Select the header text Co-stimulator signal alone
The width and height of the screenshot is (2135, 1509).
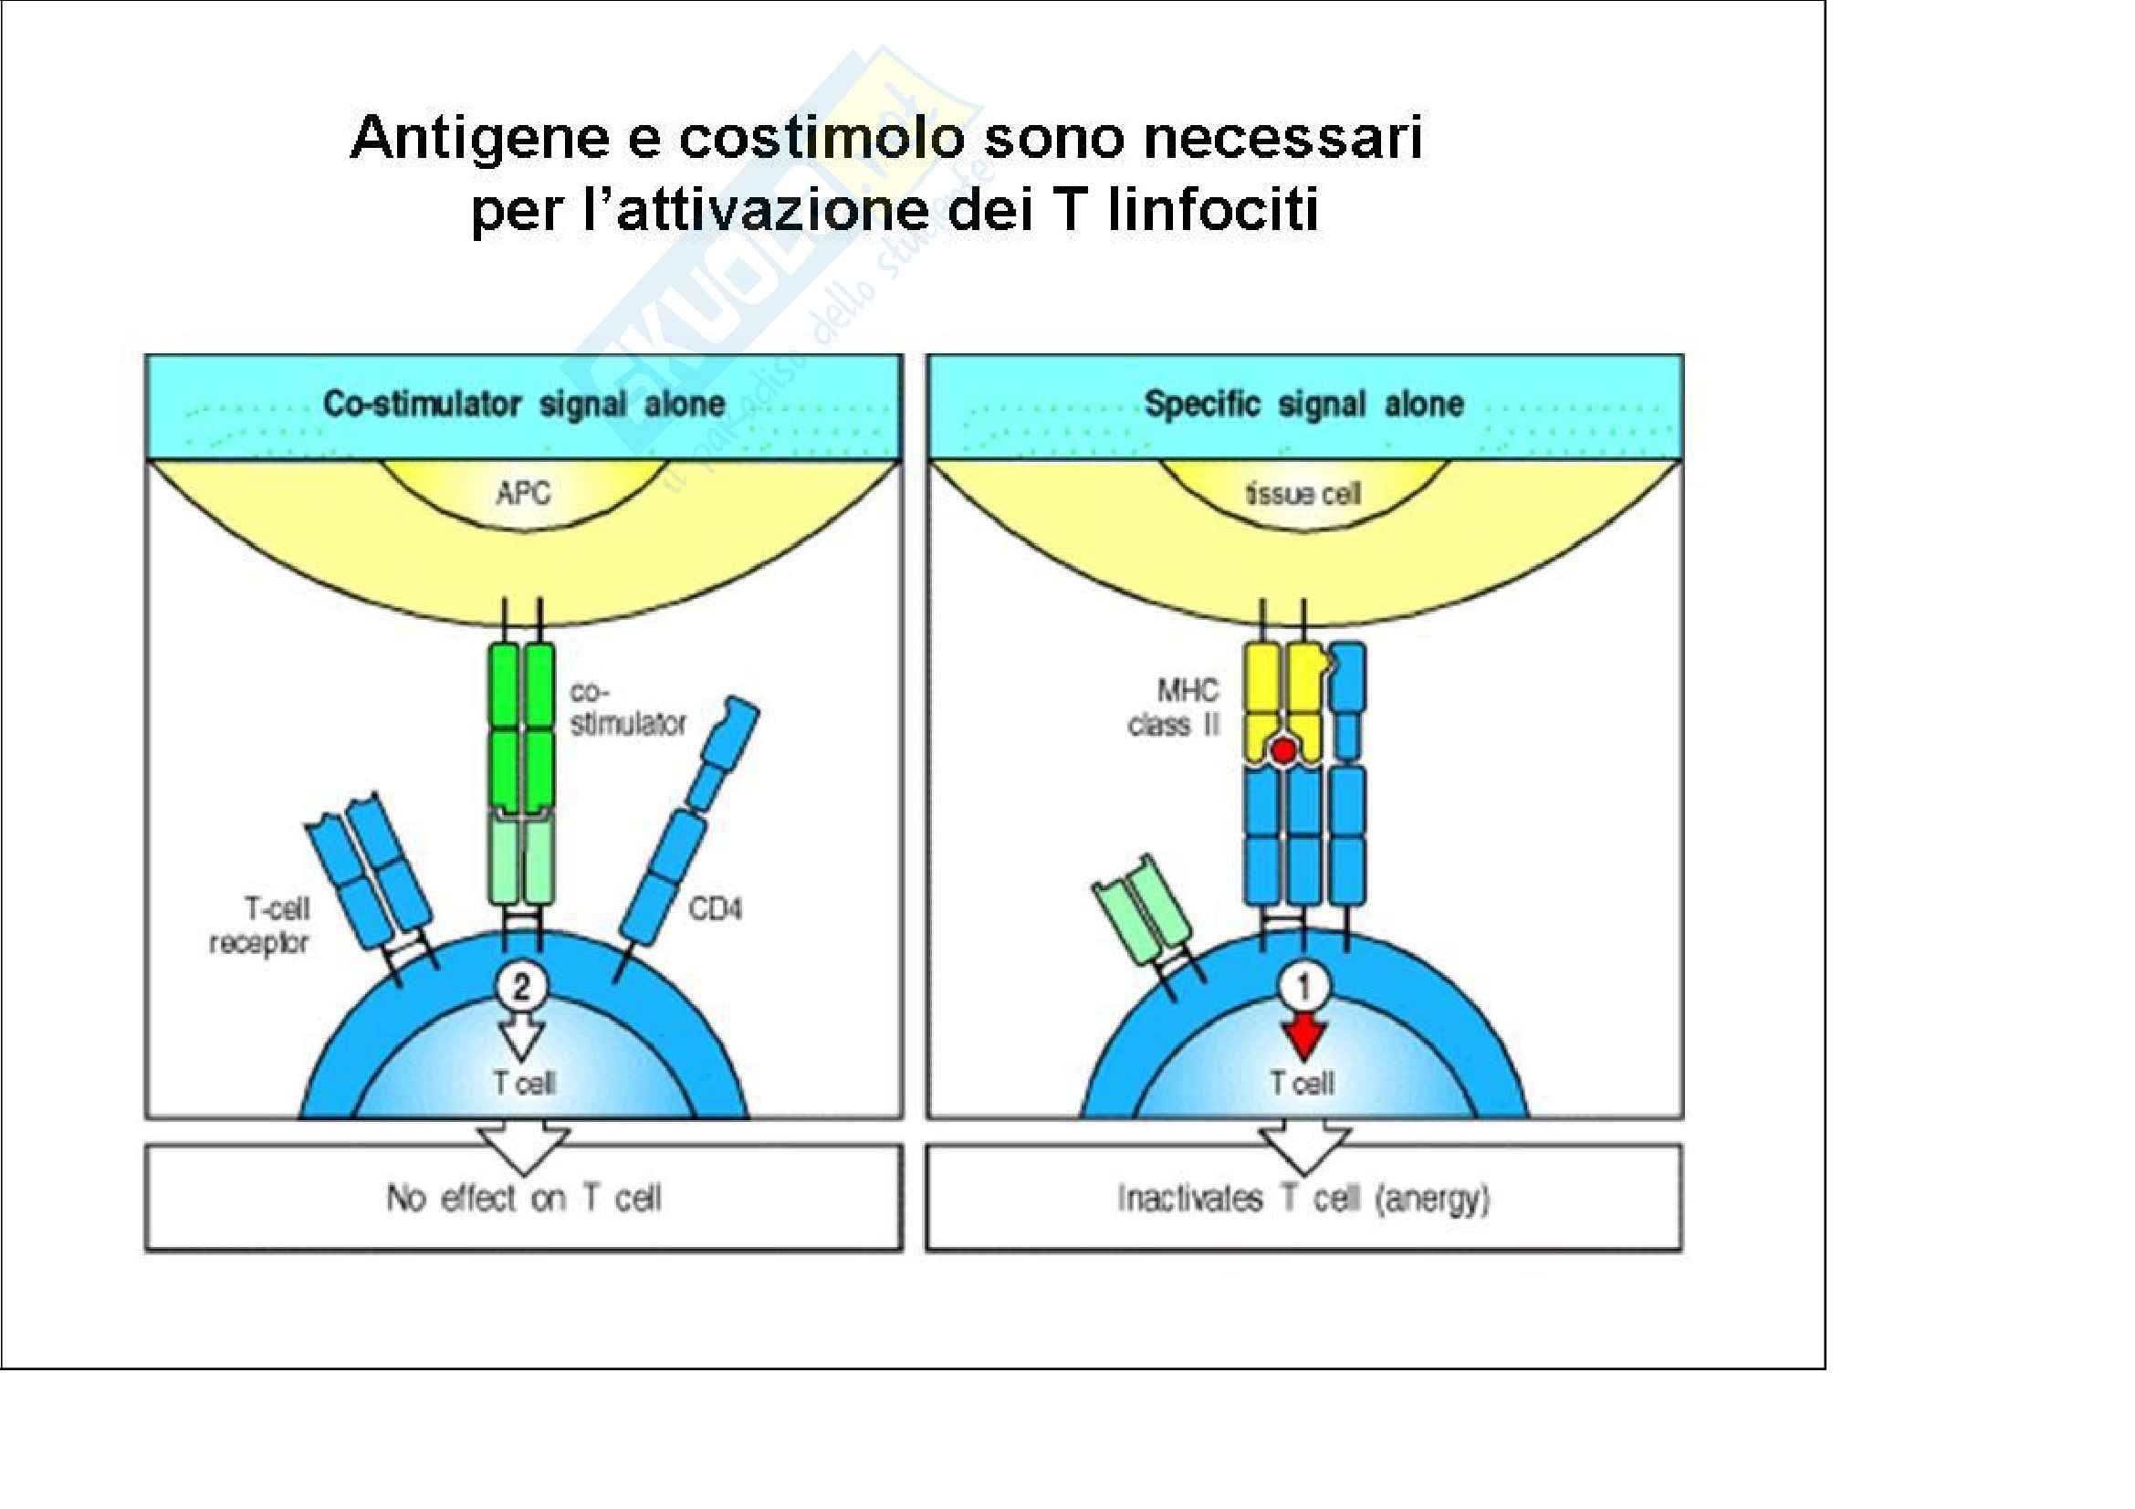pyautogui.click(x=524, y=404)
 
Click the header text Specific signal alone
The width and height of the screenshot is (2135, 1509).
pyautogui.click(x=1303, y=404)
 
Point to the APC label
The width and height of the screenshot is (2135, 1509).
pyautogui.click(x=523, y=493)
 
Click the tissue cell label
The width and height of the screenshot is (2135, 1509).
pyautogui.click(x=1303, y=494)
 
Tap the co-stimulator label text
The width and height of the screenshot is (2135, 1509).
pyautogui.click(x=626, y=708)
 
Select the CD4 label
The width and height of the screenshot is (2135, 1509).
pyautogui.click(x=714, y=908)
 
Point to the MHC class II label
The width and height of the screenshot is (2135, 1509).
pyautogui.click(x=1175, y=707)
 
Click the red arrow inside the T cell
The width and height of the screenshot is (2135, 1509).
pyautogui.click(x=1303, y=1035)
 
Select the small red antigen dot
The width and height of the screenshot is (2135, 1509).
pyautogui.click(x=1284, y=751)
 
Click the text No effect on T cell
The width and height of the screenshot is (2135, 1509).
pyautogui.click(x=524, y=1198)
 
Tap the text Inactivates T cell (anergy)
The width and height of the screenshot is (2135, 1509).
pyautogui.click(x=1303, y=1199)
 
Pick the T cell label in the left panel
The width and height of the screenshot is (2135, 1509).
pyautogui.click(x=524, y=1084)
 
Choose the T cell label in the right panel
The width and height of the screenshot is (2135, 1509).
pyautogui.click(x=1302, y=1084)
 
